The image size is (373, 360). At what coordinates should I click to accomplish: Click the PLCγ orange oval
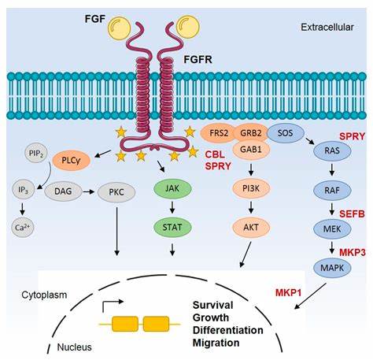(67, 159)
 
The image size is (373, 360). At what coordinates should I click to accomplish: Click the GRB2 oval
(250, 132)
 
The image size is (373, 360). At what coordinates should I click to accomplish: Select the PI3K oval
(250, 187)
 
